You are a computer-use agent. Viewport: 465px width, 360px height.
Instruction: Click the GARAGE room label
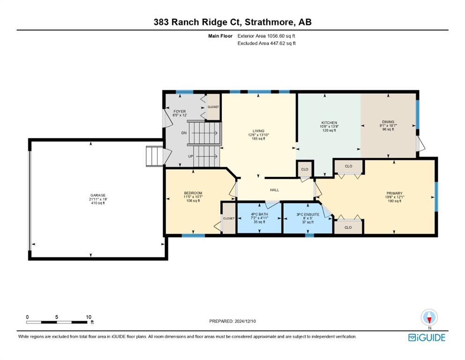tap(98, 195)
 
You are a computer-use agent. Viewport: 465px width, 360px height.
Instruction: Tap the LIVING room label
tap(258, 131)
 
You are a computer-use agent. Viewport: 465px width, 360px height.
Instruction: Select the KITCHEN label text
tap(329, 122)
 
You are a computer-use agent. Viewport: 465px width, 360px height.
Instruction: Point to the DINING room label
tap(388, 122)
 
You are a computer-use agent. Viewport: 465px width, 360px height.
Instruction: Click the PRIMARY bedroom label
tap(394, 193)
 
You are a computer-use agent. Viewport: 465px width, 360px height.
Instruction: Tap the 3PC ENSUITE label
tap(308, 214)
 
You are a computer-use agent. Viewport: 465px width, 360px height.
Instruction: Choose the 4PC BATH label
tap(259, 214)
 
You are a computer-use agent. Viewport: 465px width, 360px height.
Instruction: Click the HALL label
tap(274, 190)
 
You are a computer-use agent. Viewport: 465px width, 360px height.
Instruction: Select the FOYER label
tap(179, 111)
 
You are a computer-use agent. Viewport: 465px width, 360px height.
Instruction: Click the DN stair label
tap(184, 133)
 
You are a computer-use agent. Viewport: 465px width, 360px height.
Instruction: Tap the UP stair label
tap(191, 156)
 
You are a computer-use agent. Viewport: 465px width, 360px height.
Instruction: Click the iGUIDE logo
tap(427, 337)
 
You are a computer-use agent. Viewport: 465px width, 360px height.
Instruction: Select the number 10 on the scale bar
tap(89, 317)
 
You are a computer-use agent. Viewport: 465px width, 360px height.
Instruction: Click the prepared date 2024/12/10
tap(245, 321)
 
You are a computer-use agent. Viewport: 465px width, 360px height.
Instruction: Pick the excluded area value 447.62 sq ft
tap(283, 43)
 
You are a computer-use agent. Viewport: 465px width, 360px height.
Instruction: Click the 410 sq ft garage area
tap(98, 203)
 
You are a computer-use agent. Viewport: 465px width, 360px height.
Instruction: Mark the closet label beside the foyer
tap(213, 107)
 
